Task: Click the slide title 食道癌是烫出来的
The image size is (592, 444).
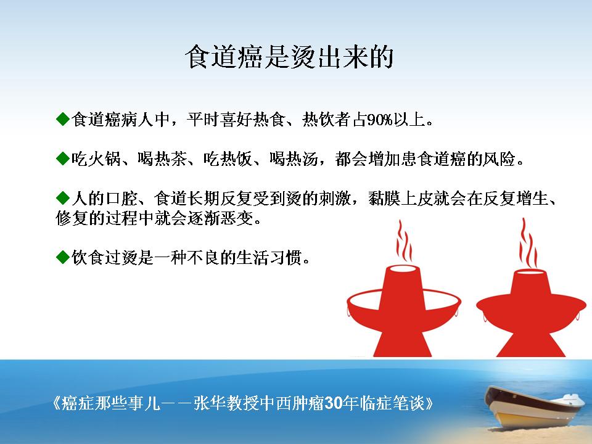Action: [x=290, y=57]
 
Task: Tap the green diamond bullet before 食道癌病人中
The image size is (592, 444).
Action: [x=63, y=119]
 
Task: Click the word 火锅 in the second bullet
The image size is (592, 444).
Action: [x=105, y=159]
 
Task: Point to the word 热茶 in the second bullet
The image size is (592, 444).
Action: [x=170, y=159]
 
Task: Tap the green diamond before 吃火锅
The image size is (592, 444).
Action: [x=63, y=158]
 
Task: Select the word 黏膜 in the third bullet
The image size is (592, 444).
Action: [x=385, y=199]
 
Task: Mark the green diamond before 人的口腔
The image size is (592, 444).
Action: [x=63, y=197]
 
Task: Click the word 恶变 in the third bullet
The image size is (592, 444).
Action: [x=237, y=218]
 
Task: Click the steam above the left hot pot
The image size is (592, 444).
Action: [x=404, y=242]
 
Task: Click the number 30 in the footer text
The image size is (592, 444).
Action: [x=334, y=403]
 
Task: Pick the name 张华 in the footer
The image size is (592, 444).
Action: [x=210, y=403]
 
